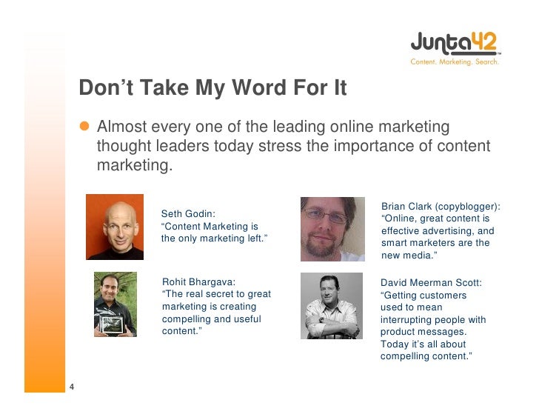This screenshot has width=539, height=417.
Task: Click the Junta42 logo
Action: [455, 43]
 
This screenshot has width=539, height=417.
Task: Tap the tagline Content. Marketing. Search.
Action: [455, 62]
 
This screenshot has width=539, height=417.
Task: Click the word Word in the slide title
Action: [261, 89]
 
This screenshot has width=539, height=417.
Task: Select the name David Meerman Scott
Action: [431, 282]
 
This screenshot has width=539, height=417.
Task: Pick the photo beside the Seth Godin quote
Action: [115, 227]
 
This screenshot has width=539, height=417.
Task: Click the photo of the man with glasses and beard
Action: [332, 229]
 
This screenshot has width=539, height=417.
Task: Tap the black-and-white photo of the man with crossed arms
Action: [332, 306]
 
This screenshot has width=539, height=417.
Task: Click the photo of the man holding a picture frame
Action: [115, 304]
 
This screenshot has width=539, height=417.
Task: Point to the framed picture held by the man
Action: [115, 323]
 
